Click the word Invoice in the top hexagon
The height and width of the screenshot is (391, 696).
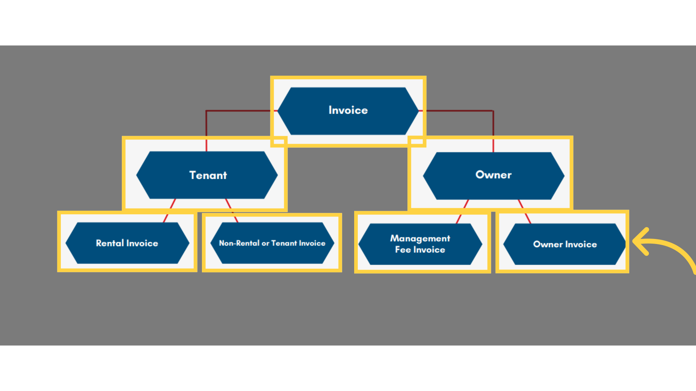[x=348, y=110]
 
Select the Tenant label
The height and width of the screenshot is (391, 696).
[x=208, y=175]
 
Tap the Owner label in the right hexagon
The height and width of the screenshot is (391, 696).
[x=493, y=175]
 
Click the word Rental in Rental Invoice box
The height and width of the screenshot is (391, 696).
[x=110, y=243]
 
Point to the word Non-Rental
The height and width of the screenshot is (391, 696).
[x=239, y=243]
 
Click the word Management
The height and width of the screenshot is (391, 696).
[x=420, y=238]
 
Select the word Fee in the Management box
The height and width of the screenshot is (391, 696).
[x=402, y=250]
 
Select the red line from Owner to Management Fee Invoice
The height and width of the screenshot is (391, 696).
[x=462, y=211]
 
